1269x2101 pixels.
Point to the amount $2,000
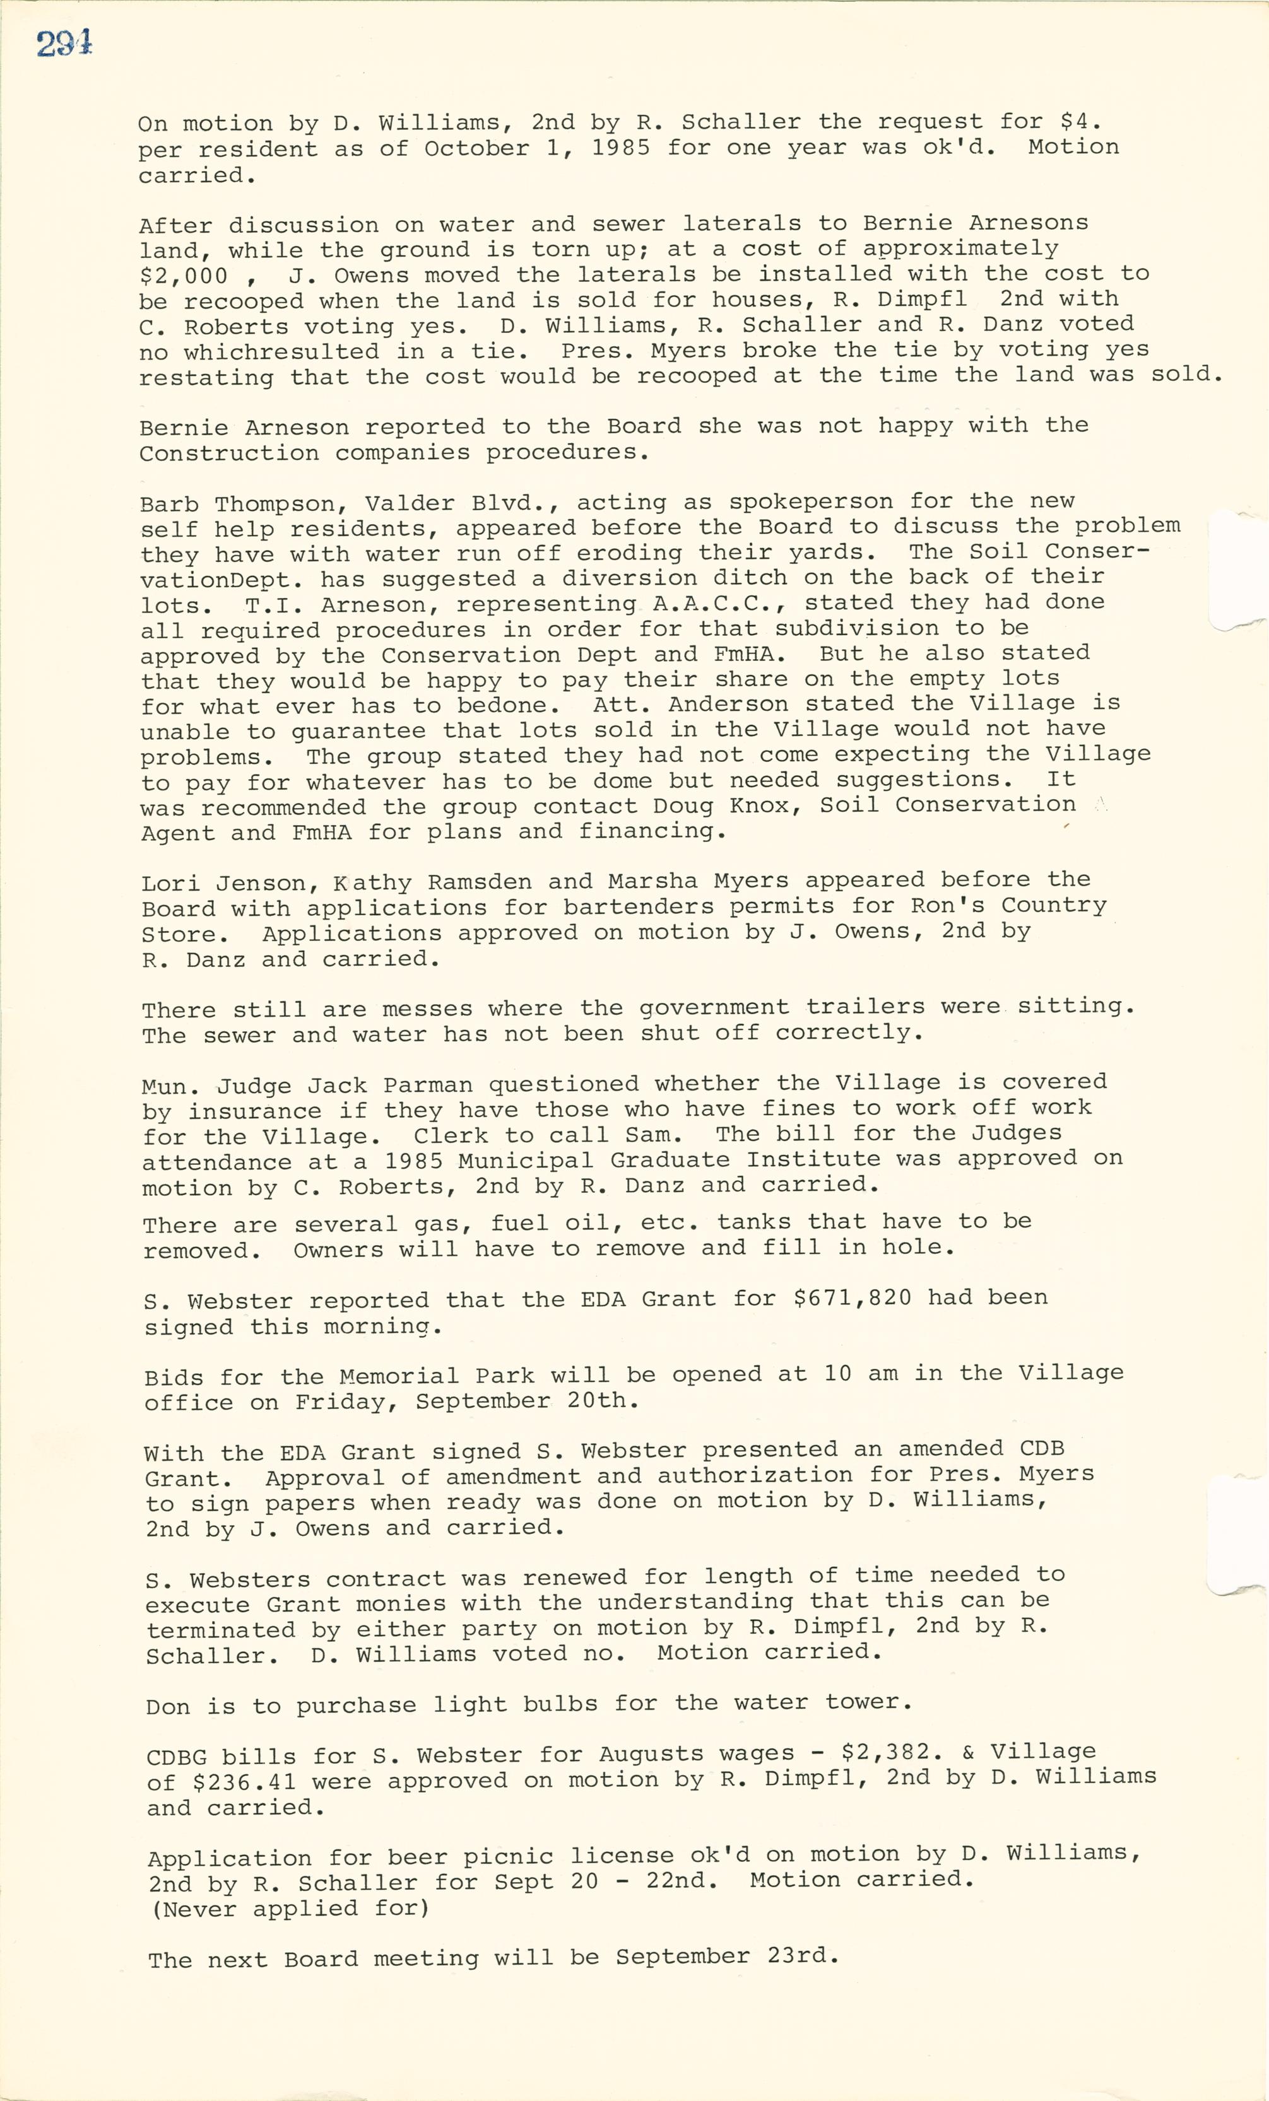click(x=184, y=276)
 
